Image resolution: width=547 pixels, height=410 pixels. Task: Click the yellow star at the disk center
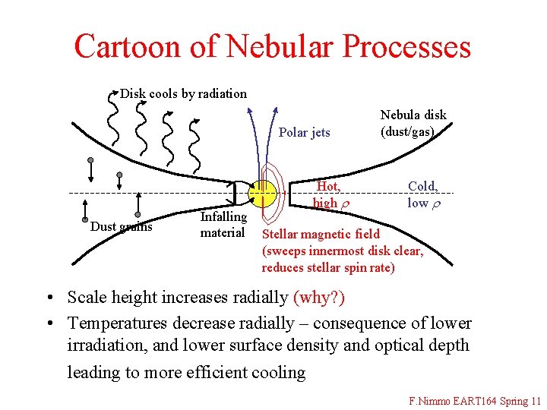click(261, 194)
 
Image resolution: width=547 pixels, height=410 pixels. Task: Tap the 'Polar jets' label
click(304, 132)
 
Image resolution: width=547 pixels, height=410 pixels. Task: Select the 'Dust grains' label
click(122, 226)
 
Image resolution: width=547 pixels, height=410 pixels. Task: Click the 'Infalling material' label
click(223, 225)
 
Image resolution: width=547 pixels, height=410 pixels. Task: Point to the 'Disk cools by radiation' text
click(183, 93)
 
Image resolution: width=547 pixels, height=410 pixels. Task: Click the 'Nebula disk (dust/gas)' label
click(413, 123)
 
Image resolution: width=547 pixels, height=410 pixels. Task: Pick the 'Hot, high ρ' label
click(327, 194)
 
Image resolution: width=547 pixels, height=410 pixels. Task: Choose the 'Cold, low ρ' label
click(422, 194)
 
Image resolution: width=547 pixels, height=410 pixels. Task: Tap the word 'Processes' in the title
click(406, 46)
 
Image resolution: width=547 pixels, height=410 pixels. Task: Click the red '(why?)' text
click(319, 297)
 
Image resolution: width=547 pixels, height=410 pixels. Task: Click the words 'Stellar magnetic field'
click(320, 234)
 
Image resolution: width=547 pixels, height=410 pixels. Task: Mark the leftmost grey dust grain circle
click(90, 160)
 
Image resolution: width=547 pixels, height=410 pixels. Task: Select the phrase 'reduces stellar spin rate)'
click(328, 267)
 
